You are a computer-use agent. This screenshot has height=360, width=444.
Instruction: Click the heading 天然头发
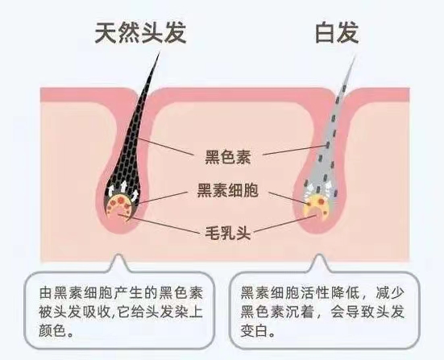(141, 32)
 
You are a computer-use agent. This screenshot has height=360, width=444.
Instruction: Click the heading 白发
(337, 32)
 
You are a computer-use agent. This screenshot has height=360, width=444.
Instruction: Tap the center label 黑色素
(228, 157)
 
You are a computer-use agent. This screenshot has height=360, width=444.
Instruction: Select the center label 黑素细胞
(228, 190)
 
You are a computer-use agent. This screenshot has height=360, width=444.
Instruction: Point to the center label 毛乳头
(228, 234)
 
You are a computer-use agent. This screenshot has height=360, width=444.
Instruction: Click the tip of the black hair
(160, 52)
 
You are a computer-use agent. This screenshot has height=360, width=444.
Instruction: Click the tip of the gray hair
(355, 56)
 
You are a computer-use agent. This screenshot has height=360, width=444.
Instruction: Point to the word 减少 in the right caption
(390, 292)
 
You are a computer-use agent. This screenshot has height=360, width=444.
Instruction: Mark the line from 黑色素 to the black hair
(165, 147)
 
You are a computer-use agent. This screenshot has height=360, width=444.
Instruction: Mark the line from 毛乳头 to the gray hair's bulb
(285, 224)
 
